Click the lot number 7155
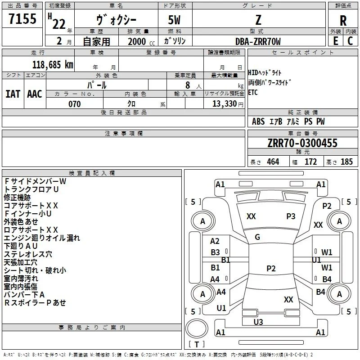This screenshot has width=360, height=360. pos(22,18)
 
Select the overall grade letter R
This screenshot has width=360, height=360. pos(343,21)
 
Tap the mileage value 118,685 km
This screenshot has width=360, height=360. pos(53,65)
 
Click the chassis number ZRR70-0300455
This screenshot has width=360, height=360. pos(302,143)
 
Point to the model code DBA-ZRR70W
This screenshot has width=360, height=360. pos(258,41)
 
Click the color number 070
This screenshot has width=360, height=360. pos(75,104)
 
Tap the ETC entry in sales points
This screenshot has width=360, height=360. pos(253,92)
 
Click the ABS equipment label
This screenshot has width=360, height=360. pos(258,121)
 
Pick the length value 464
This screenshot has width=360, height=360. pos(273,162)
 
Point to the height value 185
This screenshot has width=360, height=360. pos(346,162)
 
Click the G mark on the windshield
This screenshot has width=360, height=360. pos(257,237)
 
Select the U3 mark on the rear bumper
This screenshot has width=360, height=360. pos(258,322)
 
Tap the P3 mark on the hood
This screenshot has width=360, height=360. pos(291,216)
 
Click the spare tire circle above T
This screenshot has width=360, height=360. pos(197,328)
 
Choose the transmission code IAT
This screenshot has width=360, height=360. pos(13,94)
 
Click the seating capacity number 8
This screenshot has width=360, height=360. pos(188,85)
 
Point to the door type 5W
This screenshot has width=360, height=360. pos(174,20)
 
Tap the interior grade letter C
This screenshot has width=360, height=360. pos(350,41)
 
